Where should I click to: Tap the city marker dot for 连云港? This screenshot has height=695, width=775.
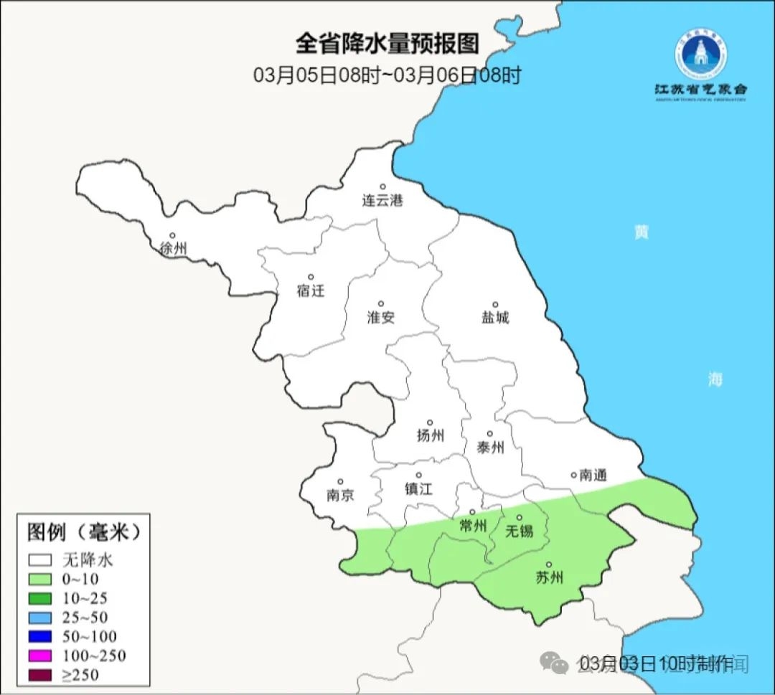click(x=382, y=186)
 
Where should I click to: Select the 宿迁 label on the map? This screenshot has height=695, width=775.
click(x=311, y=290)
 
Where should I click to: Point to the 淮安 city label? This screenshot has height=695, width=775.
click(x=381, y=317)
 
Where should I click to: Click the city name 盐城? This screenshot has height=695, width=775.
click(x=495, y=317)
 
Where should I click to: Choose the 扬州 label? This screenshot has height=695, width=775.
click(x=430, y=435)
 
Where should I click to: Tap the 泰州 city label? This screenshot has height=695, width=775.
click(x=490, y=448)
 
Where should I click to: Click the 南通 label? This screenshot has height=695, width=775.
click(x=593, y=475)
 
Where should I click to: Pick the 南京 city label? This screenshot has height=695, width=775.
click(x=340, y=495)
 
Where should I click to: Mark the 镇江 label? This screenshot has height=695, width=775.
click(x=418, y=488)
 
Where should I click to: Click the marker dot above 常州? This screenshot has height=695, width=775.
click(x=471, y=512)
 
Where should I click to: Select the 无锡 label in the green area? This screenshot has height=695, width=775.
click(x=520, y=531)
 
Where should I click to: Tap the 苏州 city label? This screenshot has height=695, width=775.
click(x=549, y=577)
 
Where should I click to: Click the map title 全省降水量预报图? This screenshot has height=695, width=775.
click(x=387, y=44)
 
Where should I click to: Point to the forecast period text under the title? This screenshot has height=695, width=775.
click(x=387, y=75)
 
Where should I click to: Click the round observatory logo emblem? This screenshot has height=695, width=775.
click(x=700, y=54)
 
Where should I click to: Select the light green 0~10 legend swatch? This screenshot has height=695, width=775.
click(x=40, y=580)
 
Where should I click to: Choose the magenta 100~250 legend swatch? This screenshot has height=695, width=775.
click(x=40, y=656)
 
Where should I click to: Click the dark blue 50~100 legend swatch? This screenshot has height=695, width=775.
click(x=40, y=636)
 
